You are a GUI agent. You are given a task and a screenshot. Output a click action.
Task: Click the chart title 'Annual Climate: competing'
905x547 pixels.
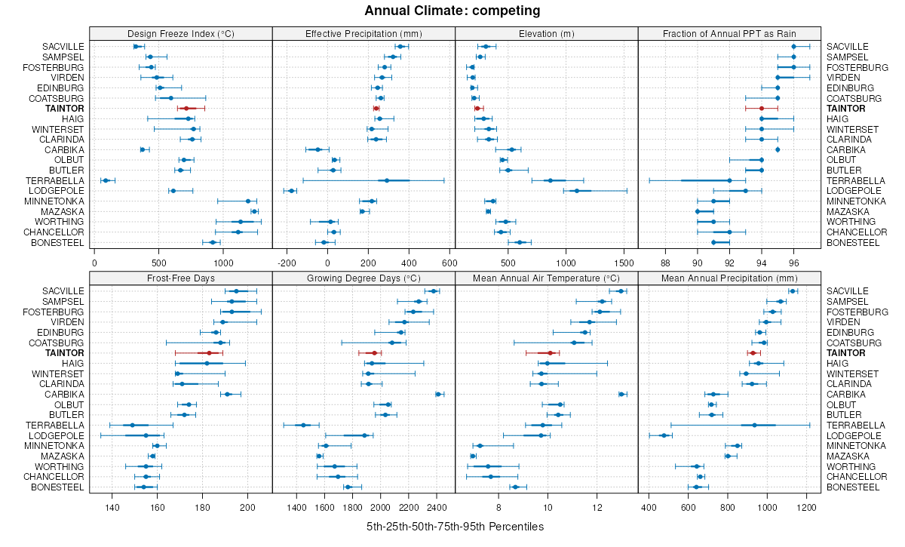coord(452,11)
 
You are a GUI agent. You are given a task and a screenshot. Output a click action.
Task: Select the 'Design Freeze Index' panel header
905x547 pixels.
coord(180,33)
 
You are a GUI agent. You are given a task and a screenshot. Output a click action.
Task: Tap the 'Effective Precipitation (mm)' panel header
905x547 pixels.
coord(364,33)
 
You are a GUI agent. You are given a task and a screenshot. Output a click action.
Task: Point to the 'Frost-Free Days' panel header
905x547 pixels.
coord(180,278)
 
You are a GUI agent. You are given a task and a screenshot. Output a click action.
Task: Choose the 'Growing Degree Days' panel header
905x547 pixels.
coord(364,278)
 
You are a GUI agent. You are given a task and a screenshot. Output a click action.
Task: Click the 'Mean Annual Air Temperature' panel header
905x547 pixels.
coord(546,278)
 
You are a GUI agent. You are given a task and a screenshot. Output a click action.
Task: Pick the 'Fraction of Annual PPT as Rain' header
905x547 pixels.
coord(729,33)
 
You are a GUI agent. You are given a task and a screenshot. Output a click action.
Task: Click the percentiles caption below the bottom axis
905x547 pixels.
coord(455,526)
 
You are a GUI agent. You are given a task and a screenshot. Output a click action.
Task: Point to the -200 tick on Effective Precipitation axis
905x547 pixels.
coord(287,263)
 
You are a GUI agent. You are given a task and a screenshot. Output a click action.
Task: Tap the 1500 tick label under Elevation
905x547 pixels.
coord(624,263)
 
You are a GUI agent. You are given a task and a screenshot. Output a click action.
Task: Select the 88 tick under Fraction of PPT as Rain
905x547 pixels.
coord(665,263)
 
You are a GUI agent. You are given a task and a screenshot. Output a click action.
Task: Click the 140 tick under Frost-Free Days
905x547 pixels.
coord(112,507)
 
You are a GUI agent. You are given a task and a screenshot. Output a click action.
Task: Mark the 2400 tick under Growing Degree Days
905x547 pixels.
coord(437,507)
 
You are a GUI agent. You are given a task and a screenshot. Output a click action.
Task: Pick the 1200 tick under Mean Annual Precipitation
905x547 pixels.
coord(807,507)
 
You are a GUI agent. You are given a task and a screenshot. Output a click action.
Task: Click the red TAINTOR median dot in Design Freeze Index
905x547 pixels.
coord(186,109)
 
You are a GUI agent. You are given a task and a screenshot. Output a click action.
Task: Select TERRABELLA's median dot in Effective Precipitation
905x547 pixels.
coord(387,181)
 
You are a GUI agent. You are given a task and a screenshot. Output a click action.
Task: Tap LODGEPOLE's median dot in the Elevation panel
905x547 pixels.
coord(577,191)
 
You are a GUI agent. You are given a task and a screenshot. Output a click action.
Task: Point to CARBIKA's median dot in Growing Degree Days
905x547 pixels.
coord(438,394)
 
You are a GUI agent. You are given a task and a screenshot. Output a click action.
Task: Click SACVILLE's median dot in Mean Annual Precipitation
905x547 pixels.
coord(793,291)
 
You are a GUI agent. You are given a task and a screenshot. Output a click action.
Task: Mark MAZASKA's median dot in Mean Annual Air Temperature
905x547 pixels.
coord(473,456)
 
